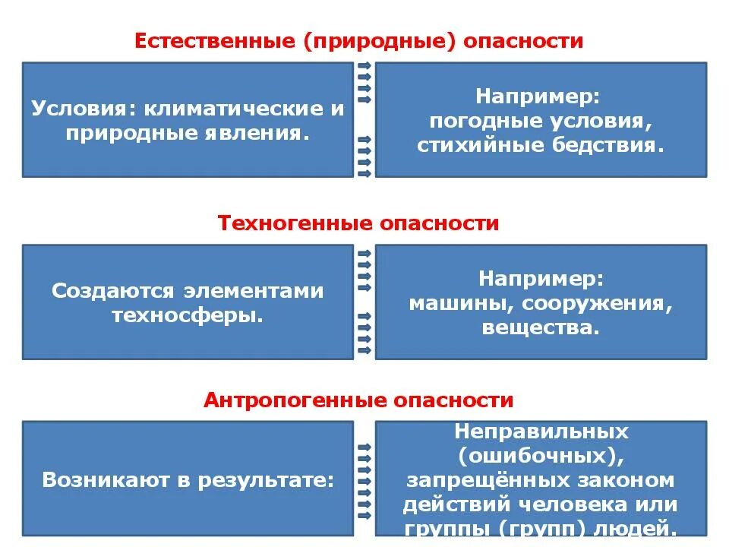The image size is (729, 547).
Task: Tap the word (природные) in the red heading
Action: click(380, 41)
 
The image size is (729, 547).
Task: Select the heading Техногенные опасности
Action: click(358, 223)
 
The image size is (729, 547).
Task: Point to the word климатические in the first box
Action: click(231, 109)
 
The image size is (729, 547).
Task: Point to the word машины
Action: click(448, 304)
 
